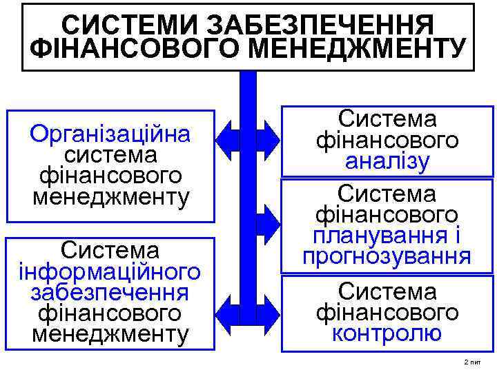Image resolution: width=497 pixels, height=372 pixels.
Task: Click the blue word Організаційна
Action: (x=110, y=132)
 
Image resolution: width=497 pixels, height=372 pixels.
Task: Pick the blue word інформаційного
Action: (x=110, y=271)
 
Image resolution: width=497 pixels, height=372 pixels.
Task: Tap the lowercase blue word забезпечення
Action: (x=110, y=292)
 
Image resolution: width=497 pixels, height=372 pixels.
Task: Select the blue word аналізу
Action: (x=387, y=163)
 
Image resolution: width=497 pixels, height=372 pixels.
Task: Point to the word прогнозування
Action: (x=387, y=256)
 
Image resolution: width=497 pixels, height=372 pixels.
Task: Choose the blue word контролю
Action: (x=387, y=334)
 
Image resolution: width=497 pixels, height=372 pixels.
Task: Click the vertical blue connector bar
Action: (x=247, y=207)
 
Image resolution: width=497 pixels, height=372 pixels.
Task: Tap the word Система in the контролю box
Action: (x=387, y=291)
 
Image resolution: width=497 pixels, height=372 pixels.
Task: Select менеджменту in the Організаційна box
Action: (x=110, y=197)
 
